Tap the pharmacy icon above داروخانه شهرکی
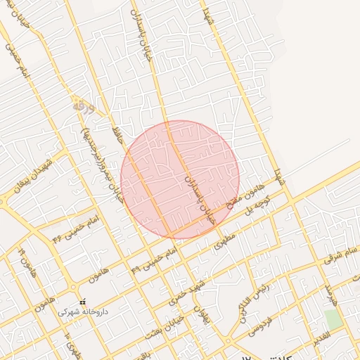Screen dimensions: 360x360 (x=83, y=302)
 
